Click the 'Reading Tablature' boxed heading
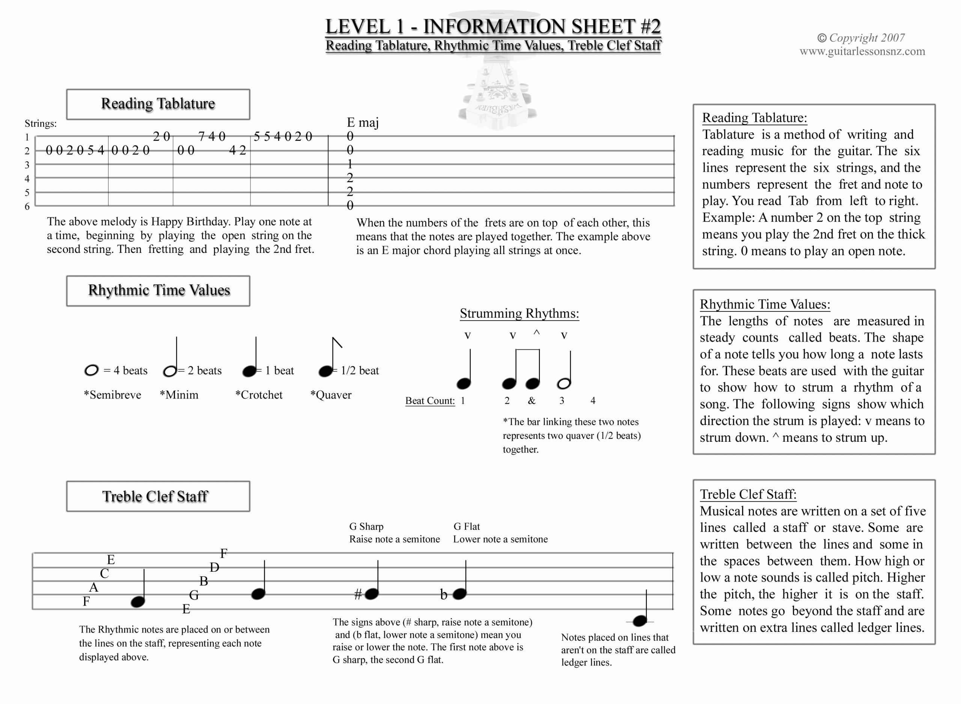[158, 104]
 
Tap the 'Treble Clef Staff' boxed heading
[155, 497]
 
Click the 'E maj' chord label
[362, 123]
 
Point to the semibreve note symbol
[91, 370]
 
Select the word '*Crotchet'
[259, 395]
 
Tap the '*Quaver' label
[331, 395]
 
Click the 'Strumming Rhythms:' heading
[520, 314]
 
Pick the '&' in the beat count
[532, 400]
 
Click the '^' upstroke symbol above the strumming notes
[536, 333]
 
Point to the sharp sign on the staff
[358, 594]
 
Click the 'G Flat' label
[467, 527]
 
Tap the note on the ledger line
[640, 621]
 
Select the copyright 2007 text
[861, 38]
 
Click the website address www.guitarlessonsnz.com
[862, 51]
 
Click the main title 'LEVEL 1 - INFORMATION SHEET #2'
[493, 26]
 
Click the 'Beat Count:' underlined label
[430, 401]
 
